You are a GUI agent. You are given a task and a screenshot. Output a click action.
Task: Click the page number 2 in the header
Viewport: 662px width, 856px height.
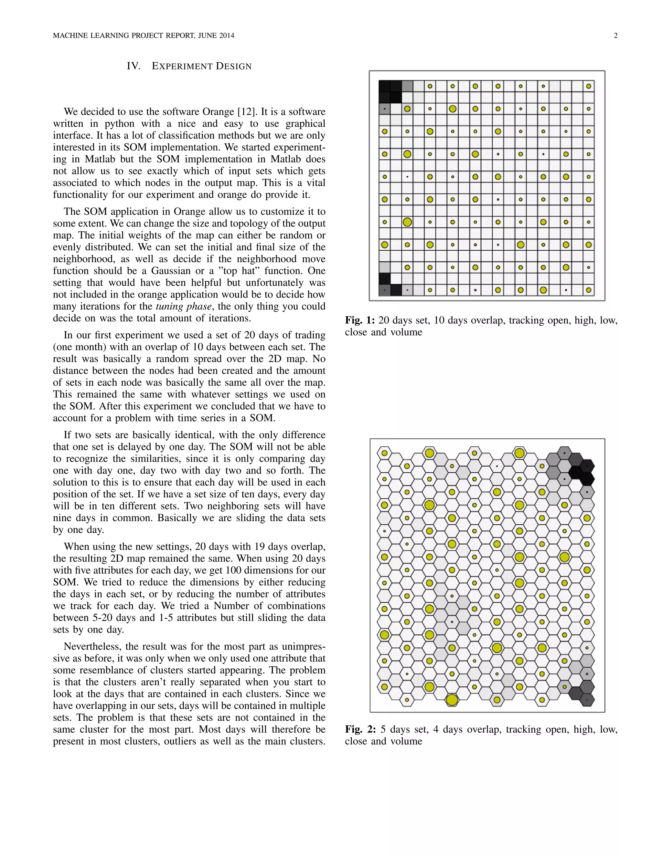click(616, 36)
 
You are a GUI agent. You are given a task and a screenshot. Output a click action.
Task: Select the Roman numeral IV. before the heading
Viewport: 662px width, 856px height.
click(133, 66)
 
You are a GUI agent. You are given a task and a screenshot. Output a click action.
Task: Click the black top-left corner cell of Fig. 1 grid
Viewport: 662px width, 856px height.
click(385, 86)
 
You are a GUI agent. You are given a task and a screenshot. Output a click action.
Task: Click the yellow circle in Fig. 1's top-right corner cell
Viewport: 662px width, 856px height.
click(589, 86)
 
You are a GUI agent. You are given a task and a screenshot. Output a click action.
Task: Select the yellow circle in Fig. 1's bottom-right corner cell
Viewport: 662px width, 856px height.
click(589, 290)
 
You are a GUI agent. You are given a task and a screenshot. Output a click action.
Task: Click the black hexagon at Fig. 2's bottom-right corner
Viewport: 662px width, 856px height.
click(587, 700)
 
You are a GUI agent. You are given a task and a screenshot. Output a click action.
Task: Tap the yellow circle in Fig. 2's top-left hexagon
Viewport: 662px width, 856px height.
click(384, 453)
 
